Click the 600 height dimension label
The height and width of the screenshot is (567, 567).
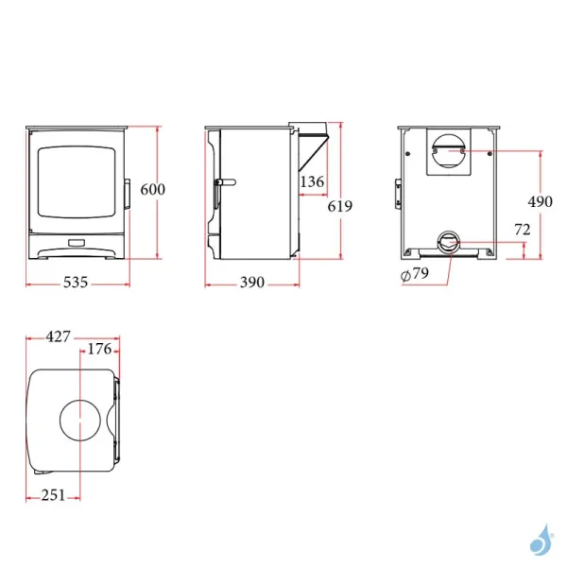pyautogui.click(x=152, y=190)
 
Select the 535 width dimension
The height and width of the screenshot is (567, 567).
pyautogui.click(x=76, y=283)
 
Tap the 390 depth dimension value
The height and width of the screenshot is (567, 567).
pyautogui.click(x=252, y=283)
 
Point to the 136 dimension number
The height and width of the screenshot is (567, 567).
pyautogui.click(x=312, y=181)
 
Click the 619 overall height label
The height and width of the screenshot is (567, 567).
pyautogui.click(x=340, y=206)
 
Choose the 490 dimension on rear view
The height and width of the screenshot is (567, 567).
pyautogui.click(x=541, y=202)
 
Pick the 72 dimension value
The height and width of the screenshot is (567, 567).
pyautogui.click(x=523, y=230)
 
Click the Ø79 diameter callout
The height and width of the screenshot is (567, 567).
pyautogui.click(x=415, y=274)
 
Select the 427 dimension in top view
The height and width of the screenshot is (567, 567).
pyautogui.click(x=58, y=337)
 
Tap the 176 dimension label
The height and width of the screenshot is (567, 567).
pyautogui.click(x=99, y=350)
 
